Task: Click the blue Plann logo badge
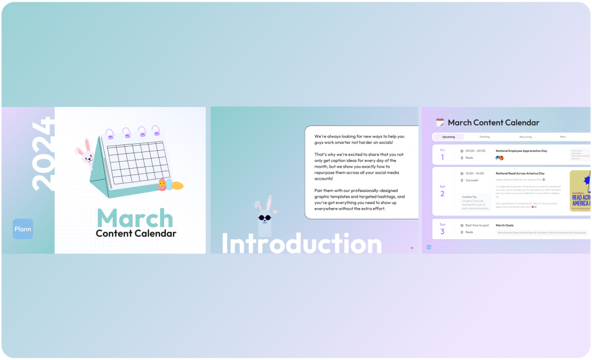(x=23, y=229)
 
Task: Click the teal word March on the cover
(x=135, y=218)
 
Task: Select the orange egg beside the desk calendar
(x=177, y=186)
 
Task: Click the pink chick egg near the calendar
(x=162, y=185)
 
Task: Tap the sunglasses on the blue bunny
(x=265, y=218)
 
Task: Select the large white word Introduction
(x=301, y=244)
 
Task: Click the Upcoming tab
(x=449, y=137)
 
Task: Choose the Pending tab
(x=484, y=137)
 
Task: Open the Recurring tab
(x=526, y=137)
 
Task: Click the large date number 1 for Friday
(x=442, y=157)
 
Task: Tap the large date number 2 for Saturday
(x=442, y=194)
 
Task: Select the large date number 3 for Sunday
(x=442, y=232)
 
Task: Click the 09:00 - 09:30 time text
(x=475, y=151)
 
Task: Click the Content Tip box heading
(x=469, y=196)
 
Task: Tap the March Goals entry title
(x=505, y=225)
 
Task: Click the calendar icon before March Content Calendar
(x=440, y=123)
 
